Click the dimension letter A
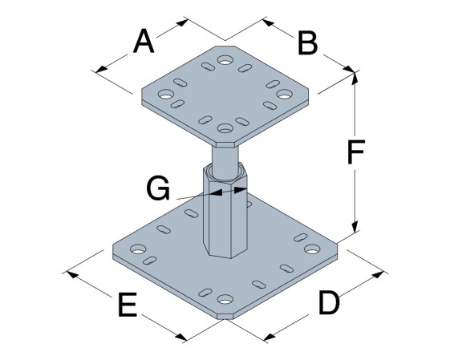(x=144, y=42)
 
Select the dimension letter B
(x=307, y=43)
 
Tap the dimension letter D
(x=329, y=302)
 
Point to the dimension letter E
(x=128, y=305)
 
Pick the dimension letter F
(x=356, y=152)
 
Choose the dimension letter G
(x=158, y=188)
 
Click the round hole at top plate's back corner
(x=225, y=60)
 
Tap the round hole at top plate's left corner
(x=166, y=94)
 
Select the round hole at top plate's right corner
(x=284, y=94)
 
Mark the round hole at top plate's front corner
(x=225, y=128)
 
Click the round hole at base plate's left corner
(x=138, y=249)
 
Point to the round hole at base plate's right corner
(x=312, y=249)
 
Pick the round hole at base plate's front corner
(x=225, y=299)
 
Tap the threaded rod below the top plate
(x=225, y=160)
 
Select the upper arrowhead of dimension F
(x=355, y=78)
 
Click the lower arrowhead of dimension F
(x=355, y=227)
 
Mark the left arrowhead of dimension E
(x=73, y=274)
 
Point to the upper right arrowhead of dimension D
(x=379, y=274)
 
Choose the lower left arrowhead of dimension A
(x=102, y=69)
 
